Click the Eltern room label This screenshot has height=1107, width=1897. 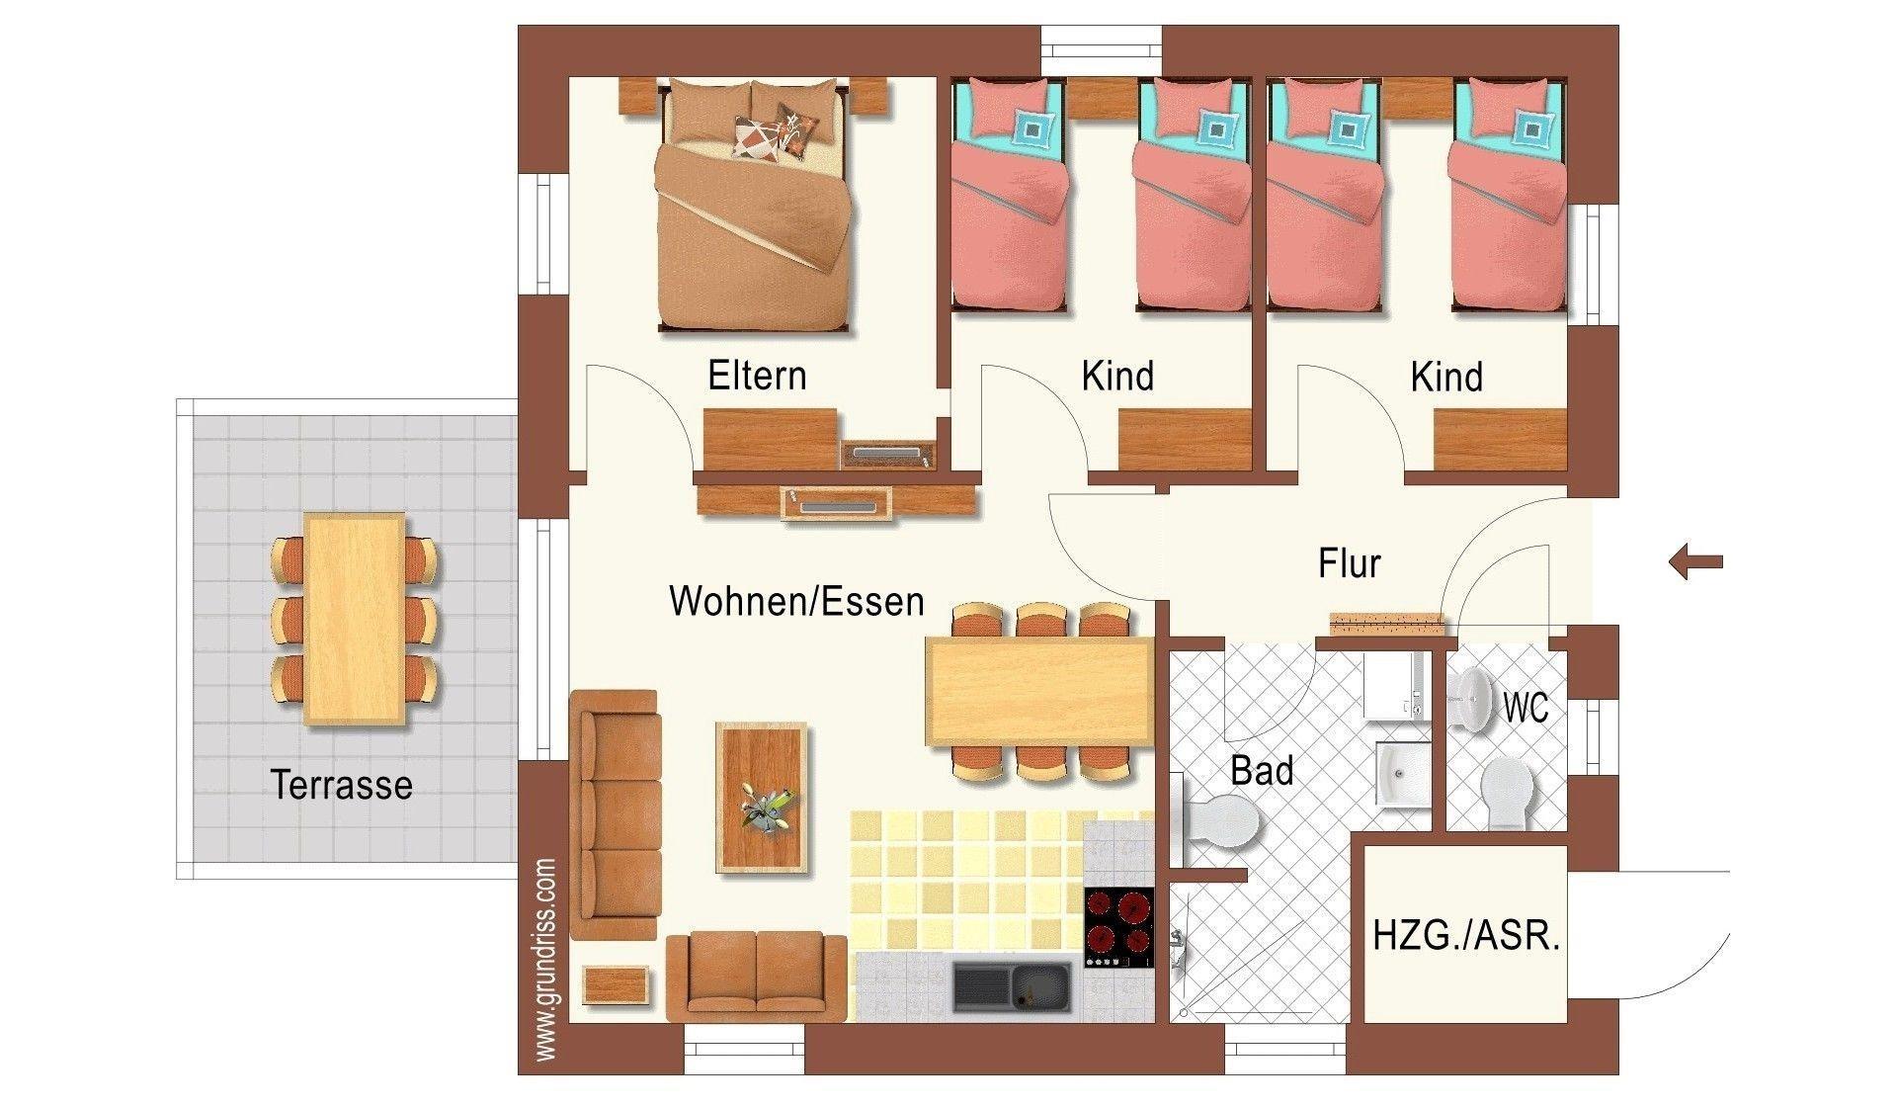tap(757, 376)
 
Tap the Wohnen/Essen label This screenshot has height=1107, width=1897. tap(796, 601)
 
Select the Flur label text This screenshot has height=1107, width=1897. tap(1349, 563)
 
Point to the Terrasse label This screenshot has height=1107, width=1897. tap(341, 785)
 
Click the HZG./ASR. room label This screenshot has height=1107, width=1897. tap(1466, 935)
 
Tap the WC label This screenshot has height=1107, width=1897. tap(1525, 708)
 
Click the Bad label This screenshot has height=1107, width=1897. tap(1262, 771)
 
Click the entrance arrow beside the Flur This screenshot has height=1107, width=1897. tap(1695, 561)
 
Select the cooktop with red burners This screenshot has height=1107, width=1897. tap(1118, 928)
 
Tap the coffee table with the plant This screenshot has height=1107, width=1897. tap(761, 797)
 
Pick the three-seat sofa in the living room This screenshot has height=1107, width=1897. tap(614, 814)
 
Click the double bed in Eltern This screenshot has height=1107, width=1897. tap(752, 206)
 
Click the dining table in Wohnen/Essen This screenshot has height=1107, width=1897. tap(1039, 691)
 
